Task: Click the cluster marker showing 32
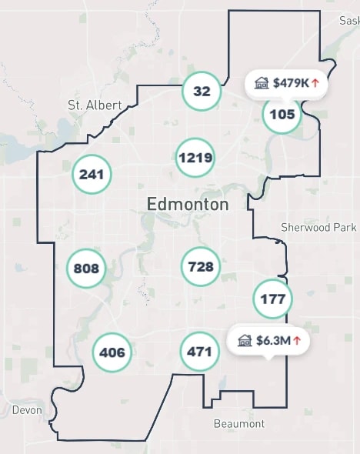point(202,92)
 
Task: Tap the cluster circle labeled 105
point(282,115)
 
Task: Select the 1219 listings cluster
point(195,158)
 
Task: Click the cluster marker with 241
point(92,175)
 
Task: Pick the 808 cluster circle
point(86,269)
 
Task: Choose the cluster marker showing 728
point(200,267)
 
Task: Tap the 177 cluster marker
point(273,299)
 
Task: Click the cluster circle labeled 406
point(112,353)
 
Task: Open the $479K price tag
point(286,82)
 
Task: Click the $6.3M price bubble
point(268,339)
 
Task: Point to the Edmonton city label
point(187,205)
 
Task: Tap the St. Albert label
point(95,105)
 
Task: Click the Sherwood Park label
point(318,228)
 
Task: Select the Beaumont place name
point(238,424)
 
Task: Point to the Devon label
point(27,410)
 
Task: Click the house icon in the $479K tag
point(262,82)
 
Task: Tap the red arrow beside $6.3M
point(296,340)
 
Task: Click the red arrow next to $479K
point(315,82)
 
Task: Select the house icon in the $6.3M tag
point(245,339)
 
